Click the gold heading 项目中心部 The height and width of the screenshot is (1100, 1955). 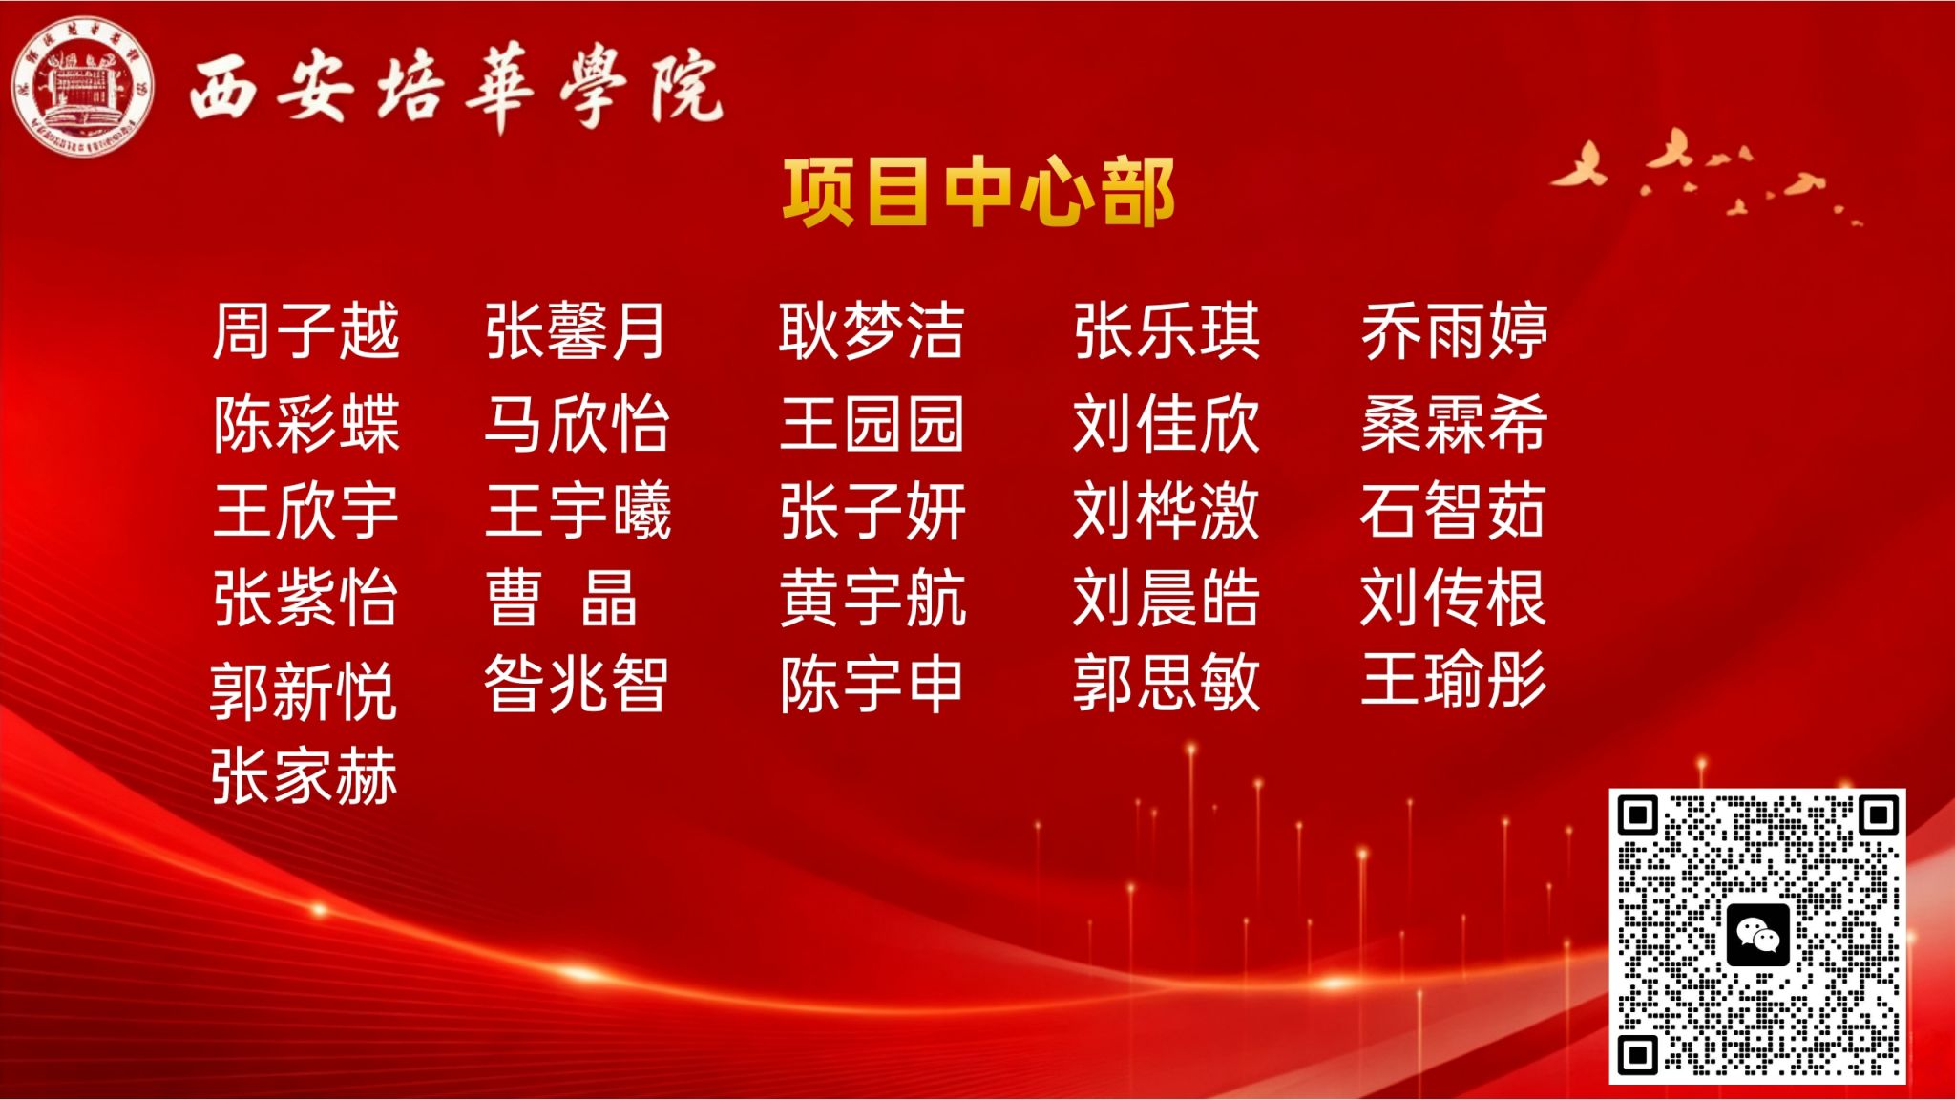[978, 192]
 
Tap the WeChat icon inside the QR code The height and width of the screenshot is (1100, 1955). [1757, 935]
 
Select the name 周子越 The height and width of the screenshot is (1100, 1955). [305, 331]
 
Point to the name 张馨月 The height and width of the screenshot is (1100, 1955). [576, 331]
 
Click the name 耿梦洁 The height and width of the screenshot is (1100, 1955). [872, 331]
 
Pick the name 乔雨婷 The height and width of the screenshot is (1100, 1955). [1454, 331]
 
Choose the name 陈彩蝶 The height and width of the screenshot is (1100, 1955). [305, 423]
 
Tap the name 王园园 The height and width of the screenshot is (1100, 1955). [872, 423]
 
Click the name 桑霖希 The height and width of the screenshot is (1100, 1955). [1454, 423]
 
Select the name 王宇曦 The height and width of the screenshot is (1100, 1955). [578, 511]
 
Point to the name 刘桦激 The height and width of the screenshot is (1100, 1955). [1166, 511]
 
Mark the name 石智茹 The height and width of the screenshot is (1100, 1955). [1452, 511]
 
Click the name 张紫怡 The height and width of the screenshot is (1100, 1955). [305, 599]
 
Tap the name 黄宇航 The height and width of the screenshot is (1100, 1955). [872, 599]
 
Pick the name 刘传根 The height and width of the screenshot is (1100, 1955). [1453, 599]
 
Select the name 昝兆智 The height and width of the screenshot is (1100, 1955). [576, 684]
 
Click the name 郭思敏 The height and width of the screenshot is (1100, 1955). [1166, 684]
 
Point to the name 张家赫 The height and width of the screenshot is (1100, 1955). [304, 776]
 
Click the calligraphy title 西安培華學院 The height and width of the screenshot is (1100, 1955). [456, 89]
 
